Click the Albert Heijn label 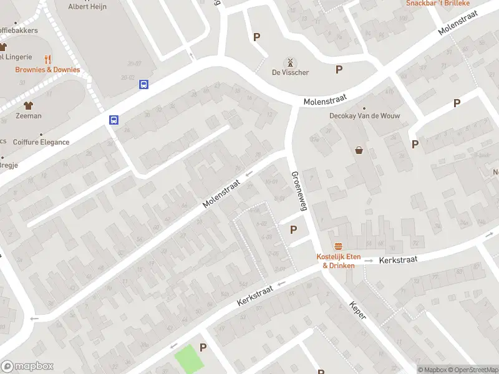[x=87, y=7]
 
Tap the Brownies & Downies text [x=47, y=70]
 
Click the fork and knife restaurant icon [x=47, y=59]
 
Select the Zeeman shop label [x=29, y=116]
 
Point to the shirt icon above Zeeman [x=28, y=105]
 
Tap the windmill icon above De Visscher [x=289, y=62]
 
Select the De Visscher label [x=290, y=73]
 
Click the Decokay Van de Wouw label [x=365, y=116]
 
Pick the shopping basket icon [x=359, y=150]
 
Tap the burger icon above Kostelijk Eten [x=339, y=246]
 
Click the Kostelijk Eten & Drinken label [x=339, y=261]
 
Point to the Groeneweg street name [x=298, y=192]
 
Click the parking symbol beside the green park [x=202, y=347]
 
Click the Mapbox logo [x=27, y=367]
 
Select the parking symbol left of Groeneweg [x=293, y=230]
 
